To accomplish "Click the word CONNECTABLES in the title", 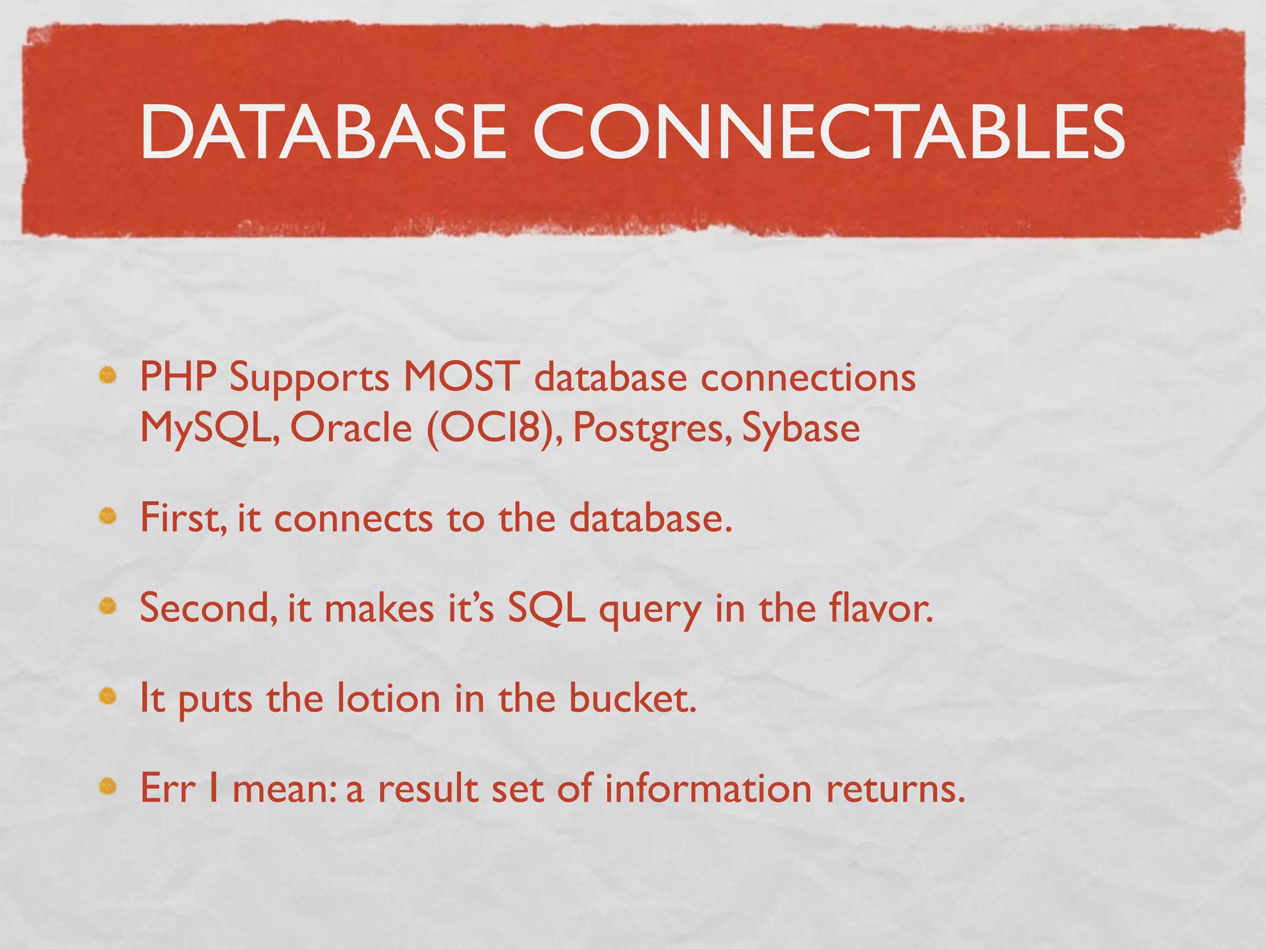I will (x=828, y=132).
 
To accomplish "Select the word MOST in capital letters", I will (x=461, y=376).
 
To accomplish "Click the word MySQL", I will (x=208, y=428).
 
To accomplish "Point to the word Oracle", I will (x=350, y=428).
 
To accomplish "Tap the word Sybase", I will (x=801, y=428).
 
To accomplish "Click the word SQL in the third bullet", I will (x=546, y=608).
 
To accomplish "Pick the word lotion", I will (x=389, y=698).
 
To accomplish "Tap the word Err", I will (x=168, y=788).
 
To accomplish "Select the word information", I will (x=708, y=788).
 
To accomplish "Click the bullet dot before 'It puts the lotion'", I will (x=108, y=697).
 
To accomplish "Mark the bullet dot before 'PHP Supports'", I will (x=108, y=375).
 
